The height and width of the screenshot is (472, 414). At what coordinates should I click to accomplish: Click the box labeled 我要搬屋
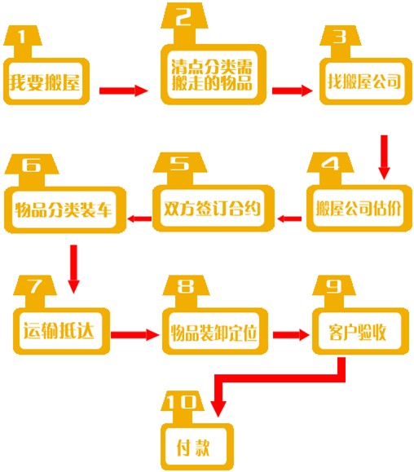(46, 82)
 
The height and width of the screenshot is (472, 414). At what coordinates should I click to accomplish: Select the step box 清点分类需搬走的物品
(214, 74)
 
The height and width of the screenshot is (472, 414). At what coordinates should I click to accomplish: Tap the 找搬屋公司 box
(366, 82)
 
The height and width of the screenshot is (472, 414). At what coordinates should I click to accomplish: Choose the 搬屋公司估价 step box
(359, 208)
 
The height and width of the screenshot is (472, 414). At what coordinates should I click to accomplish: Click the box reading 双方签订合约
(214, 208)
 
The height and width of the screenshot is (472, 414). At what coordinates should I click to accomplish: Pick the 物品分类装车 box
(64, 210)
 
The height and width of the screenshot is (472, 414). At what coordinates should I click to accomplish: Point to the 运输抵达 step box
(61, 330)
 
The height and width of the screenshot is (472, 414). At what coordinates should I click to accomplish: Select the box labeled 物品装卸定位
(215, 330)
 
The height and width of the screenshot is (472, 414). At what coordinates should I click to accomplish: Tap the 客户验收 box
(360, 330)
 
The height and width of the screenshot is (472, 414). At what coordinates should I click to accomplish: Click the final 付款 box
(197, 447)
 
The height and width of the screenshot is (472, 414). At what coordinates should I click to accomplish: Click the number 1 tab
(23, 42)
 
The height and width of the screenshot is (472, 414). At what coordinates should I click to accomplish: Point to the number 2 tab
(184, 24)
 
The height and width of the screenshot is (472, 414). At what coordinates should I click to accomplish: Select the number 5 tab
(180, 169)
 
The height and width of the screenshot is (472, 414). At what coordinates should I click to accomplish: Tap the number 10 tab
(183, 407)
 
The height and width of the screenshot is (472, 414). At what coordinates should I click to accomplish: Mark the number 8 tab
(186, 291)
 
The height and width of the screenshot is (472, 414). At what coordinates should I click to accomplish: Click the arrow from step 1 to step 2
(124, 90)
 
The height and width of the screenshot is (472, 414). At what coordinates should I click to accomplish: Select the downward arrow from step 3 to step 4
(384, 157)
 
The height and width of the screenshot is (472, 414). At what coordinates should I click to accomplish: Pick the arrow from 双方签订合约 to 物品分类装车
(139, 218)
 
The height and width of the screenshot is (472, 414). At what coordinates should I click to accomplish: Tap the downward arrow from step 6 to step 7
(73, 269)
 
